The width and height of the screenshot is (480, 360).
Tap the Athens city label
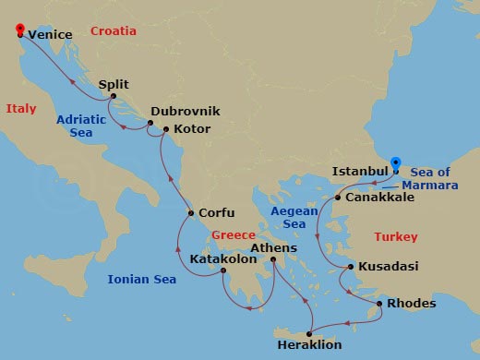(x=274, y=248)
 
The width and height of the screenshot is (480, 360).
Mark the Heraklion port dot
(x=309, y=332)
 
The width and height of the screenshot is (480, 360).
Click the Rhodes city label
(x=411, y=304)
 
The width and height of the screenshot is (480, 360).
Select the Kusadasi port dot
(x=350, y=268)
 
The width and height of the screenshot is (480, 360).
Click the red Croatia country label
(x=114, y=31)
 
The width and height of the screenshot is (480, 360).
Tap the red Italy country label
(x=21, y=109)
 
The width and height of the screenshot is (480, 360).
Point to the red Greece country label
(x=233, y=235)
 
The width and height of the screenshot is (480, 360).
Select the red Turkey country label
(x=395, y=237)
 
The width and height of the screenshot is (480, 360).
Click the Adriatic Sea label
(x=81, y=126)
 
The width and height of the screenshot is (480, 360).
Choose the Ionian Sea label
(x=141, y=279)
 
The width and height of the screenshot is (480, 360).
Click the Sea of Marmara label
(x=431, y=178)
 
